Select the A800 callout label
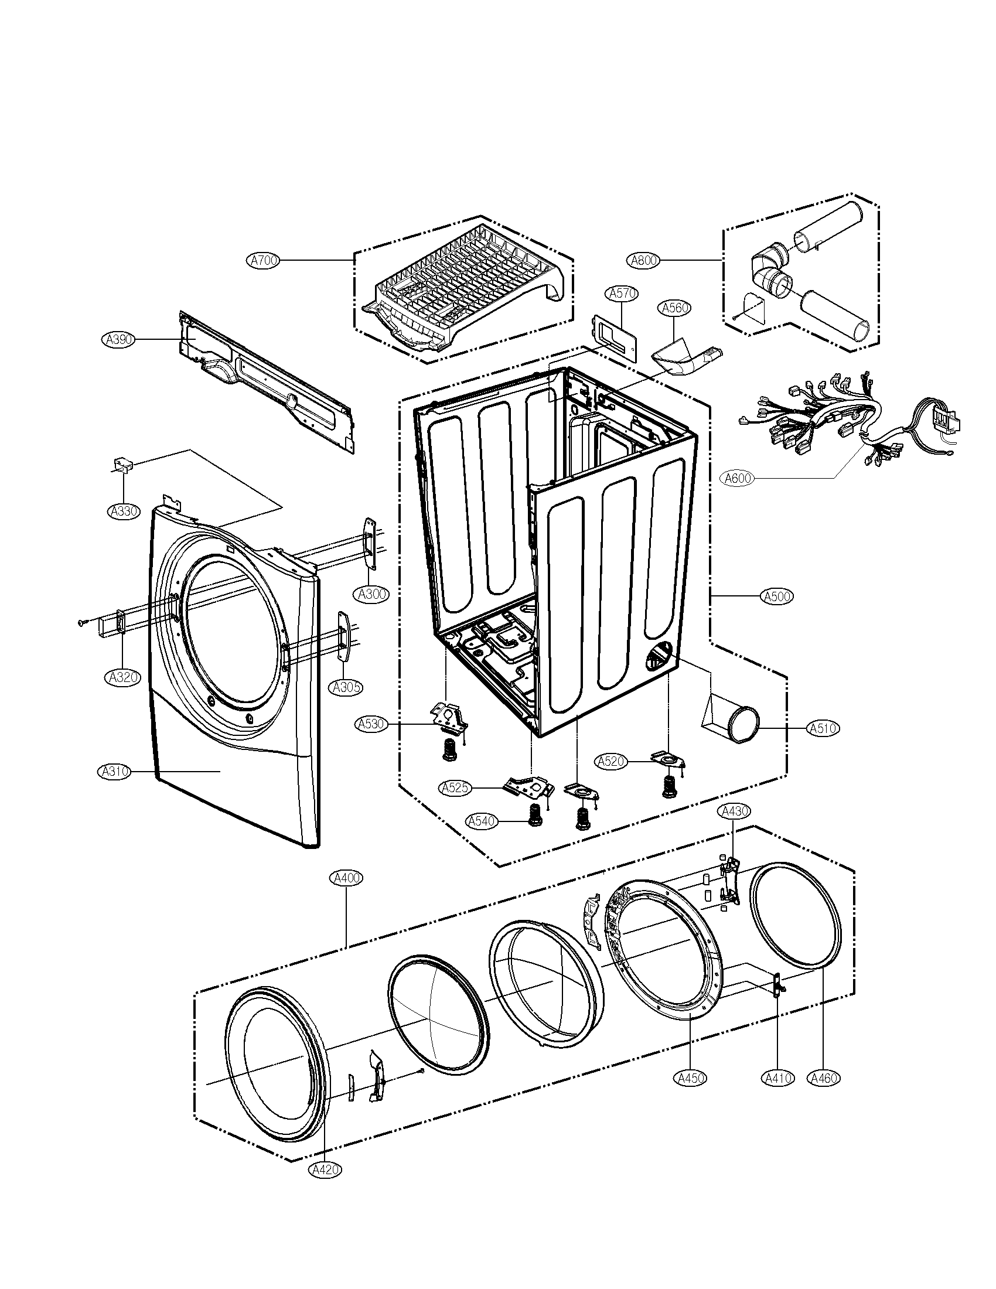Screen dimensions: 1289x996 644,260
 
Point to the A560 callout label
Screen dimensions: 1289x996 676,308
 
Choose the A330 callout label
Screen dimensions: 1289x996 124,511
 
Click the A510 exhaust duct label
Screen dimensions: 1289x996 823,729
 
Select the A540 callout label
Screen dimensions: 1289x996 482,821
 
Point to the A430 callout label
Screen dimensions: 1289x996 734,811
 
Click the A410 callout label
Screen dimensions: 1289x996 777,1078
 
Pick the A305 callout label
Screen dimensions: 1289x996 346,687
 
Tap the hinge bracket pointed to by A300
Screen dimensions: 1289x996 370,543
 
